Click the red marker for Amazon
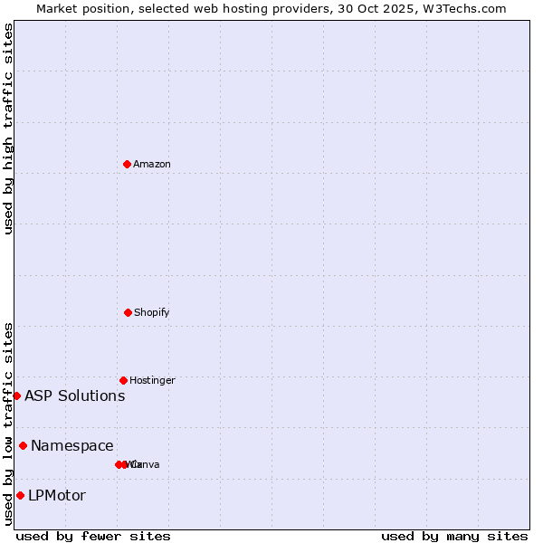coord(128,164)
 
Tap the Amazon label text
coord(152,164)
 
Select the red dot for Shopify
coord(128,312)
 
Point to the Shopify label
coord(152,312)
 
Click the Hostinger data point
coord(123,380)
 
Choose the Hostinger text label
coord(152,380)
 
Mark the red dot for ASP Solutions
coord(16,395)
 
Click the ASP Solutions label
coord(75,395)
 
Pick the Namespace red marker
coord(23,445)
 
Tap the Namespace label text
coord(72,445)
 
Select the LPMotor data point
coord(20,495)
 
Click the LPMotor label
coord(57,495)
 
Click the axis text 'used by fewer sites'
coord(93,536)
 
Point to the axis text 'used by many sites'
coord(454,536)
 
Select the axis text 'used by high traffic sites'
coord(8,129)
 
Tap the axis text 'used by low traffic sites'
coord(8,423)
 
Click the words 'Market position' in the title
coord(79,8)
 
